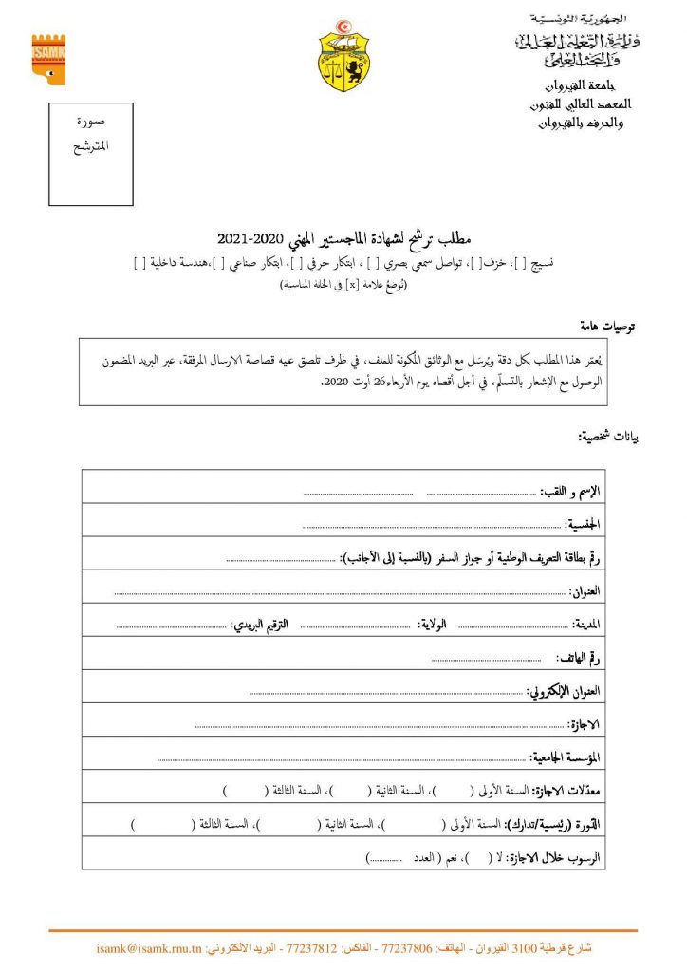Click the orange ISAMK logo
click(x=48, y=60)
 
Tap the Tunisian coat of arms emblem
click(x=343, y=56)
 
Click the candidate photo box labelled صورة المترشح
click(x=91, y=156)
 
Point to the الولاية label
click(x=436, y=625)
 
